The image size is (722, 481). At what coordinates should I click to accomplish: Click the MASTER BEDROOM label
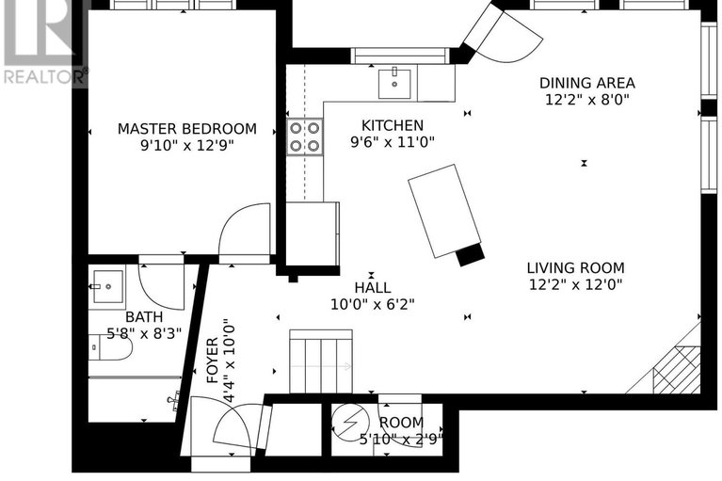[186, 128]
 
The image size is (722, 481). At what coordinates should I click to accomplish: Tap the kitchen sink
[393, 84]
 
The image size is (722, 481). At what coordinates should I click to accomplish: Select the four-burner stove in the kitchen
[304, 136]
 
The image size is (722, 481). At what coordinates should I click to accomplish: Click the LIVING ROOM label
[574, 267]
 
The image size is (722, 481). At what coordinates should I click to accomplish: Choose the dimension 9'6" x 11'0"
[393, 142]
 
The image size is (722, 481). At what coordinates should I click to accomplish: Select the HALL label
[373, 288]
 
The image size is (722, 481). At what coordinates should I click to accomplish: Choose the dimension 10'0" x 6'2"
[372, 304]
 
